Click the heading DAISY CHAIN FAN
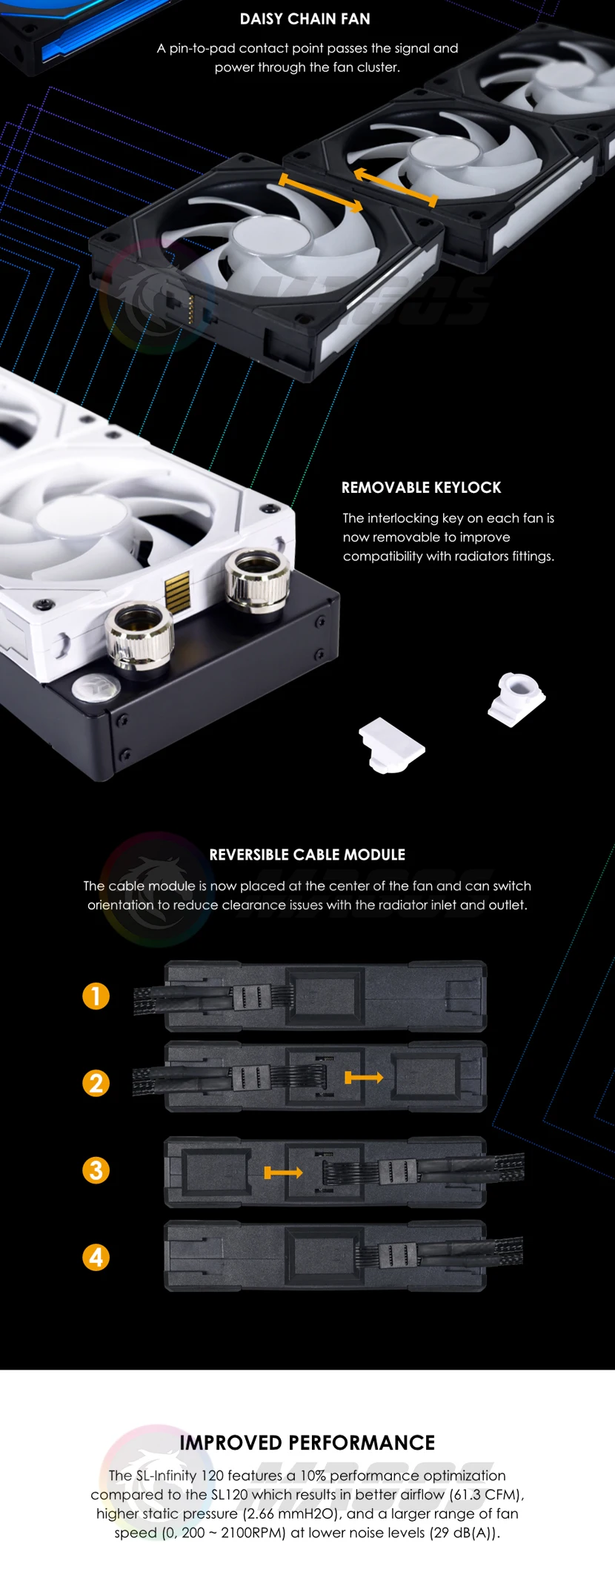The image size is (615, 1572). coord(305,19)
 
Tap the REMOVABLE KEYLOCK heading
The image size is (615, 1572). coord(421,488)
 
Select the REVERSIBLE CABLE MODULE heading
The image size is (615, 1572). coord(307,855)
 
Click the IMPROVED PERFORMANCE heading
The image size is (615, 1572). coord(307,1442)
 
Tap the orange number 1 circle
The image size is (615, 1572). coord(96,996)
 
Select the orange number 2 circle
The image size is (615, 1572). coord(96,1084)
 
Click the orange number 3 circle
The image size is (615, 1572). coord(96,1171)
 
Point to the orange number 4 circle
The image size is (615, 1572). coord(96,1258)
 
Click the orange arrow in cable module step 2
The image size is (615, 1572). coord(364,1077)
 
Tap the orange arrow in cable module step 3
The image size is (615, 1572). coord(284,1173)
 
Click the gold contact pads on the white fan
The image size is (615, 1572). coord(177,591)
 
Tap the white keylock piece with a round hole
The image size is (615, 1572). coord(516,699)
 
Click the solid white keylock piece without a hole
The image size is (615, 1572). coord(391,746)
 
